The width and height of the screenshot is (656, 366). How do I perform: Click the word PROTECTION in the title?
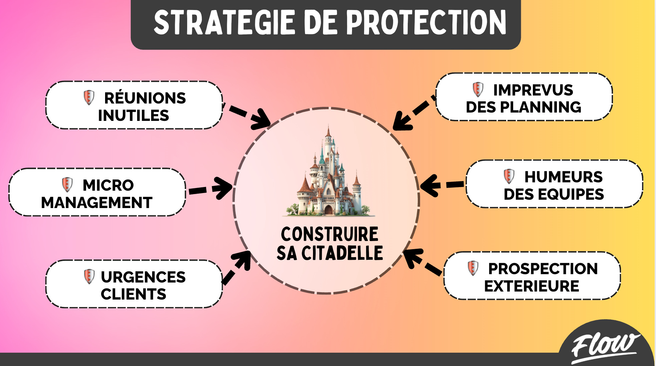[426, 22]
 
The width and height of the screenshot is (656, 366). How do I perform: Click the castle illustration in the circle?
[329, 175]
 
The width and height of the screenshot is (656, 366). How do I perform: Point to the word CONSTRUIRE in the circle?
[329, 234]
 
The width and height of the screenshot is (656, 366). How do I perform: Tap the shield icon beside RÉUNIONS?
[89, 98]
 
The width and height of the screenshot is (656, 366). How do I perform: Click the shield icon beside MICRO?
[67, 184]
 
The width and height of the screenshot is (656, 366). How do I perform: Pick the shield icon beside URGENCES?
[89, 277]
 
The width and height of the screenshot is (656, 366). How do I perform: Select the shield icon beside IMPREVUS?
[478, 89]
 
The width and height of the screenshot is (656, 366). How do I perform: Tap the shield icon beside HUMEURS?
[509, 176]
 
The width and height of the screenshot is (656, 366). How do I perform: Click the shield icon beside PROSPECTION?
[473, 268]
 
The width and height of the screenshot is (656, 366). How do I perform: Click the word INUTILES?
[133, 116]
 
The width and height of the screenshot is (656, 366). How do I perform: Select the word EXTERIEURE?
[532, 286]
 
